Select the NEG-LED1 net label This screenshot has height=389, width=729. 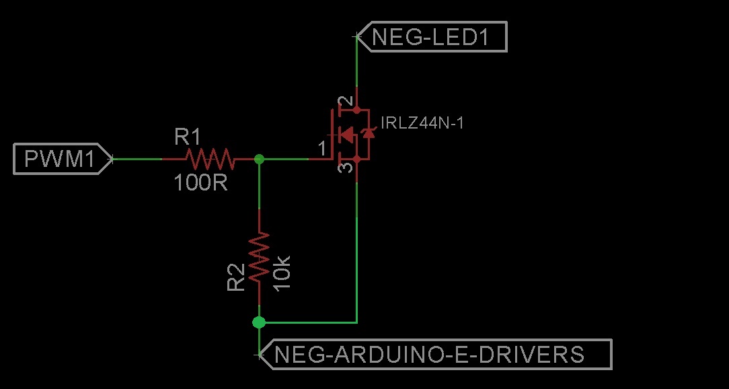pos(430,37)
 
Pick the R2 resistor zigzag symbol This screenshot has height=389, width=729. pos(259,258)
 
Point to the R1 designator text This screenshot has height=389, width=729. pos(188,138)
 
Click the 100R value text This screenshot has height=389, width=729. pos(200,182)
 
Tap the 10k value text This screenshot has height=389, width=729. pos(282,269)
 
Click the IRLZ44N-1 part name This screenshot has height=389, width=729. pos(422,123)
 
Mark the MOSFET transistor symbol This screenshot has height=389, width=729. pos(350,135)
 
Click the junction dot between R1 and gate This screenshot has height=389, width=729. pos(260,160)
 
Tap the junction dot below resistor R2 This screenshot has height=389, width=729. pos(259,322)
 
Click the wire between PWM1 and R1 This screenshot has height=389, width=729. pos(137,160)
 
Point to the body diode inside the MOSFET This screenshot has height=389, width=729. pos(368,134)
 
